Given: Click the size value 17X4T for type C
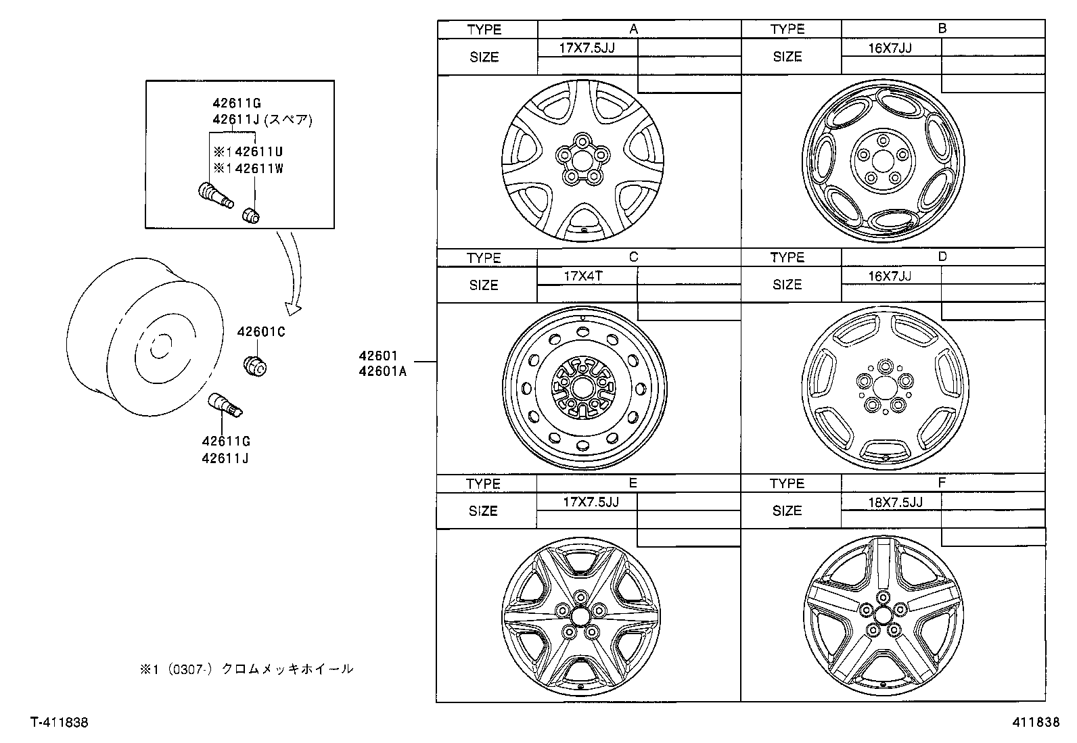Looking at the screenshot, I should [583, 276].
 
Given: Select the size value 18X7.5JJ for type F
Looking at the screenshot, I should [895, 502].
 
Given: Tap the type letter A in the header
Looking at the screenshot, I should [633, 29].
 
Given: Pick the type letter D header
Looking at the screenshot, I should [942, 257].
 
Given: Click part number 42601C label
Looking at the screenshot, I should [261, 332].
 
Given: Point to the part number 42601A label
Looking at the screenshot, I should [383, 370].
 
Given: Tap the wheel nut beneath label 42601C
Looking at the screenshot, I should [256, 365].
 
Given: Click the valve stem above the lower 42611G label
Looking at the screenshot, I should [227, 404].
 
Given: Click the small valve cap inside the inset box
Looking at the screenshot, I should [252, 214].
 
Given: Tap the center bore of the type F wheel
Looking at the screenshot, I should [882, 615].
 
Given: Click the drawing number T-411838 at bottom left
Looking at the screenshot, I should [59, 723].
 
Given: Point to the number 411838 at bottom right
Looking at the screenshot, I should [1036, 723].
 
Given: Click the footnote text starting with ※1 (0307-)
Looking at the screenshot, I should [246, 669].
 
